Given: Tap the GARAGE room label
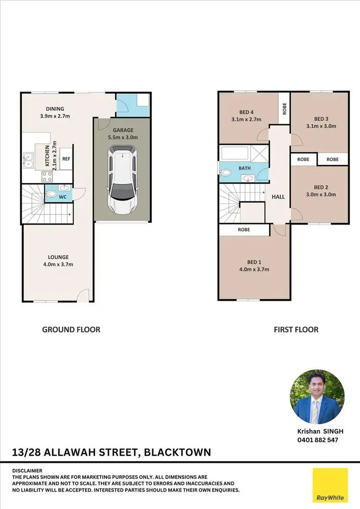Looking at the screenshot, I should pos(123,130).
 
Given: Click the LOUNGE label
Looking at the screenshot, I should pos(58,257).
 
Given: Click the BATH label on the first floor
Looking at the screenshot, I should pos(245,168).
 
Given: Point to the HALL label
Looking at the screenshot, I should pos(278,197).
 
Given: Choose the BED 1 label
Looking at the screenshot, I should pos(254,262).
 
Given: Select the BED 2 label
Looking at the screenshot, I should pos(321,187).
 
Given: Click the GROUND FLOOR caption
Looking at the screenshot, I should pos(71,330).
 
